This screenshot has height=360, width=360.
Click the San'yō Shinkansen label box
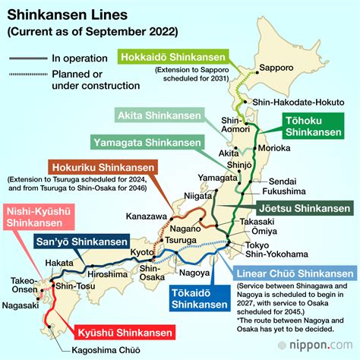[x=74, y=243]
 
